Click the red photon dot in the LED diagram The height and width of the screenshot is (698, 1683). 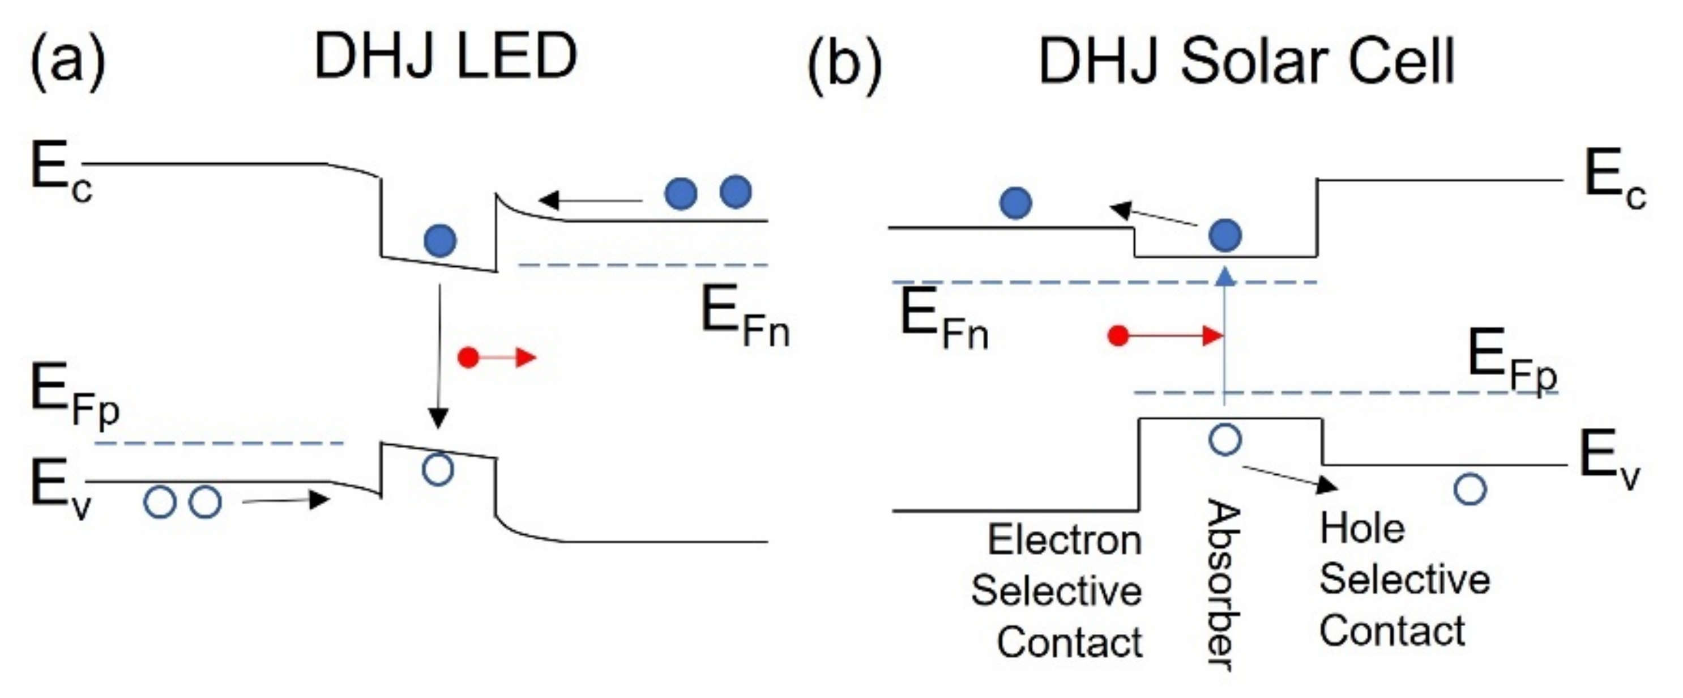tap(468, 357)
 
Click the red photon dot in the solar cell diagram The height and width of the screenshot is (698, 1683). tap(1118, 336)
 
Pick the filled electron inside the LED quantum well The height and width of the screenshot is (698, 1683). tap(439, 241)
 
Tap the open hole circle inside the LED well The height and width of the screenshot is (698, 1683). tap(438, 469)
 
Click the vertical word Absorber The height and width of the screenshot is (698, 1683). tap(1223, 585)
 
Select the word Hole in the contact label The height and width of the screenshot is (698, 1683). tap(1361, 529)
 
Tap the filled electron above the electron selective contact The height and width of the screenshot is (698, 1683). tap(1016, 203)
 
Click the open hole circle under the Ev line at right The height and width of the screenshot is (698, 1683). tap(1470, 488)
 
